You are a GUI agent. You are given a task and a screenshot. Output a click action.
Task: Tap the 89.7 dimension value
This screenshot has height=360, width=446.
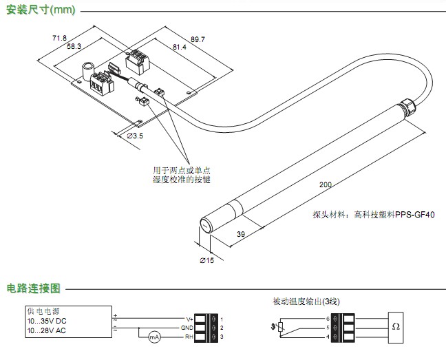tap(196, 39)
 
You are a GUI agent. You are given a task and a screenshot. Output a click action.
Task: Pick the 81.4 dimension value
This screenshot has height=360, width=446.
tap(178, 47)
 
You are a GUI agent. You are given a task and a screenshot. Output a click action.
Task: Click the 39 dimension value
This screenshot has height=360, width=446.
tap(241, 235)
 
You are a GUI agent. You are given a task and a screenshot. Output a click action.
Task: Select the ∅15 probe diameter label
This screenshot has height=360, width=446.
tap(207, 261)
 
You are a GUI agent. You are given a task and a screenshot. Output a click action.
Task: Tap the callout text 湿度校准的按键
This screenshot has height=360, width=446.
tap(181, 180)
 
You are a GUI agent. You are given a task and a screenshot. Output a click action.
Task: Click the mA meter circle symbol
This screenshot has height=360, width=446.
tap(153, 337)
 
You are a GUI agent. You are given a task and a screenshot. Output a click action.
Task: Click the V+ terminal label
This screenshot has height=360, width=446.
tap(189, 319)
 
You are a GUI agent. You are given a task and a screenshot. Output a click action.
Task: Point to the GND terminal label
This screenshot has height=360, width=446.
tap(187, 328)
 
